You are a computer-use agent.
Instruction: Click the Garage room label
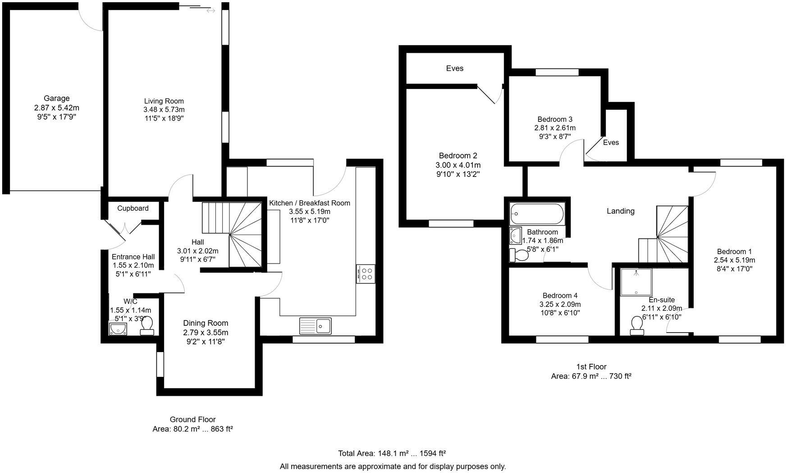tap(57, 98)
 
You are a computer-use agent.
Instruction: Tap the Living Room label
tap(164, 101)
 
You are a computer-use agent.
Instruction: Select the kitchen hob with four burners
tap(366, 274)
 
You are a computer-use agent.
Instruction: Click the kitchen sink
tap(315, 326)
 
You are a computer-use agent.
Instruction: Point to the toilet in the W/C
tap(148, 326)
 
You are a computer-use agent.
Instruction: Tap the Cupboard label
tap(133, 208)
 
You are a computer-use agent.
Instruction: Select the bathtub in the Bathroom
tap(536, 214)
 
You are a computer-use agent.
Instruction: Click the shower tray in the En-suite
tap(636, 282)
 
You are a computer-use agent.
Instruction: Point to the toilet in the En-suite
tap(637, 326)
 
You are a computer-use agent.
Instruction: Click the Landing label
tap(621, 211)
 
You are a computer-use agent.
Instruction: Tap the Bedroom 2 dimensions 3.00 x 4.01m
tap(458, 165)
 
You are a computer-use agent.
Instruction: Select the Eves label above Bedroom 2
tap(455, 68)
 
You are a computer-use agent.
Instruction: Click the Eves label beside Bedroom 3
tap(611, 142)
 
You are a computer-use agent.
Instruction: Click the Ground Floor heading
tap(192, 419)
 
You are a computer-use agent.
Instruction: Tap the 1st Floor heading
tap(591, 366)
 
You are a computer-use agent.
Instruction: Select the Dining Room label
tap(206, 323)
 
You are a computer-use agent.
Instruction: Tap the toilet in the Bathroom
tap(519, 255)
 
